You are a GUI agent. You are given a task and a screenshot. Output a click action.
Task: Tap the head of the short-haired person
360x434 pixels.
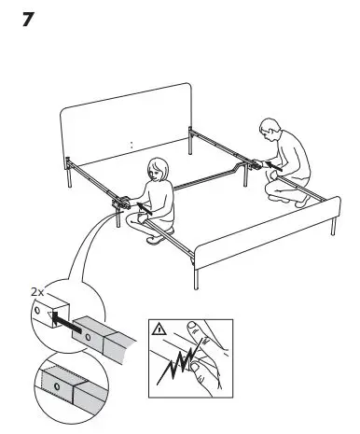pyautogui.click(x=270, y=128)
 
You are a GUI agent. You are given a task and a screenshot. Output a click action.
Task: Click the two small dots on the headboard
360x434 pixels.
pyautogui.click(x=131, y=145)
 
